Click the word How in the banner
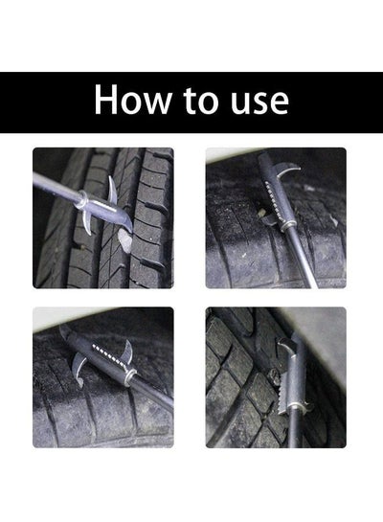133,100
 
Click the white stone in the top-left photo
125,240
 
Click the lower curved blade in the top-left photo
87,223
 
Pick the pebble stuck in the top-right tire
262,212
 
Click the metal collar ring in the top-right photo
287,227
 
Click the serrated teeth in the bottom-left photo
110,356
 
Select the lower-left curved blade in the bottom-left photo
79,370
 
